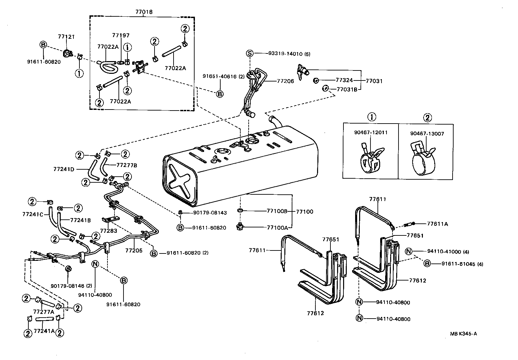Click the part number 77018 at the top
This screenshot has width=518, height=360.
[x=144, y=12]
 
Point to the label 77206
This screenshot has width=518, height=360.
[x=285, y=81]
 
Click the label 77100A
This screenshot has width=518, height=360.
[x=277, y=227]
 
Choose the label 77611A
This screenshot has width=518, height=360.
[x=438, y=224]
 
